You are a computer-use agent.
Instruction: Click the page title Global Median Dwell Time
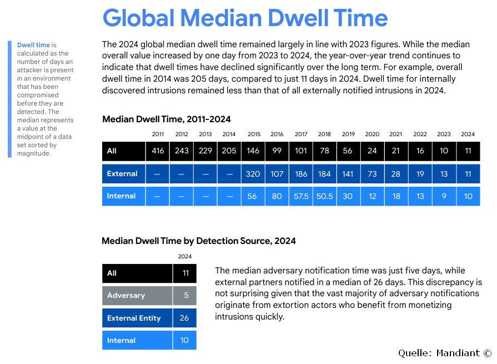tap(245, 18)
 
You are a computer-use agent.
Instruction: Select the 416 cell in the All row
tap(158, 151)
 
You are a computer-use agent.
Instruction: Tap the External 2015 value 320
tap(253, 174)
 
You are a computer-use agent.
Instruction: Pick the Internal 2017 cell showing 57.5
tap(301, 196)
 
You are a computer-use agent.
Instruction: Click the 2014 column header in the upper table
tap(229, 134)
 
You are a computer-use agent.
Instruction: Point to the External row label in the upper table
tap(122, 174)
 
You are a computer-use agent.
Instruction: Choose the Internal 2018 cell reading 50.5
tap(324, 196)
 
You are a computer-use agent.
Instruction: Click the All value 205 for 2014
tap(229, 151)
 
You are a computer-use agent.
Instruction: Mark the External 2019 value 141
tap(348, 174)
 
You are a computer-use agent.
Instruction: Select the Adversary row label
tap(126, 296)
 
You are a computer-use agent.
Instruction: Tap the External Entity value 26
tap(184, 318)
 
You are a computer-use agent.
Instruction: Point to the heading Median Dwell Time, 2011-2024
tap(167, 119)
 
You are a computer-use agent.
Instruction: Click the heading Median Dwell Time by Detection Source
tap(199, 241)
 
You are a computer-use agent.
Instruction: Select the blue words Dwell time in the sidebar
tap(33, 45)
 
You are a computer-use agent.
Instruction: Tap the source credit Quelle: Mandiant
tap(445, 353)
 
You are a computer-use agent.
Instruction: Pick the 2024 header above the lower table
tap(184, 256)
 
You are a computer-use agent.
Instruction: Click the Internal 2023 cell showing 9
tap(444, 196)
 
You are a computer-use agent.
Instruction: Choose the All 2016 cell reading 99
tap(277, 151)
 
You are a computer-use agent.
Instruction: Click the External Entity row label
tap(134, 318)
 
